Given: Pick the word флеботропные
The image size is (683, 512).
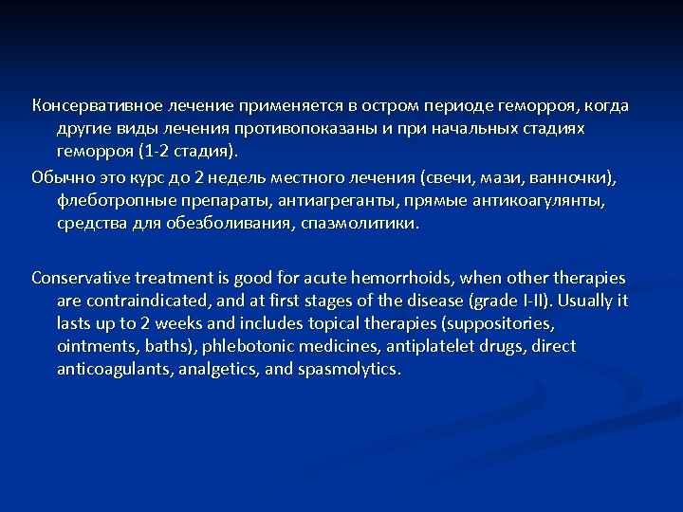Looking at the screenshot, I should point(111,201).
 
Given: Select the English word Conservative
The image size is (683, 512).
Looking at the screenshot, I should point(83,278).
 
